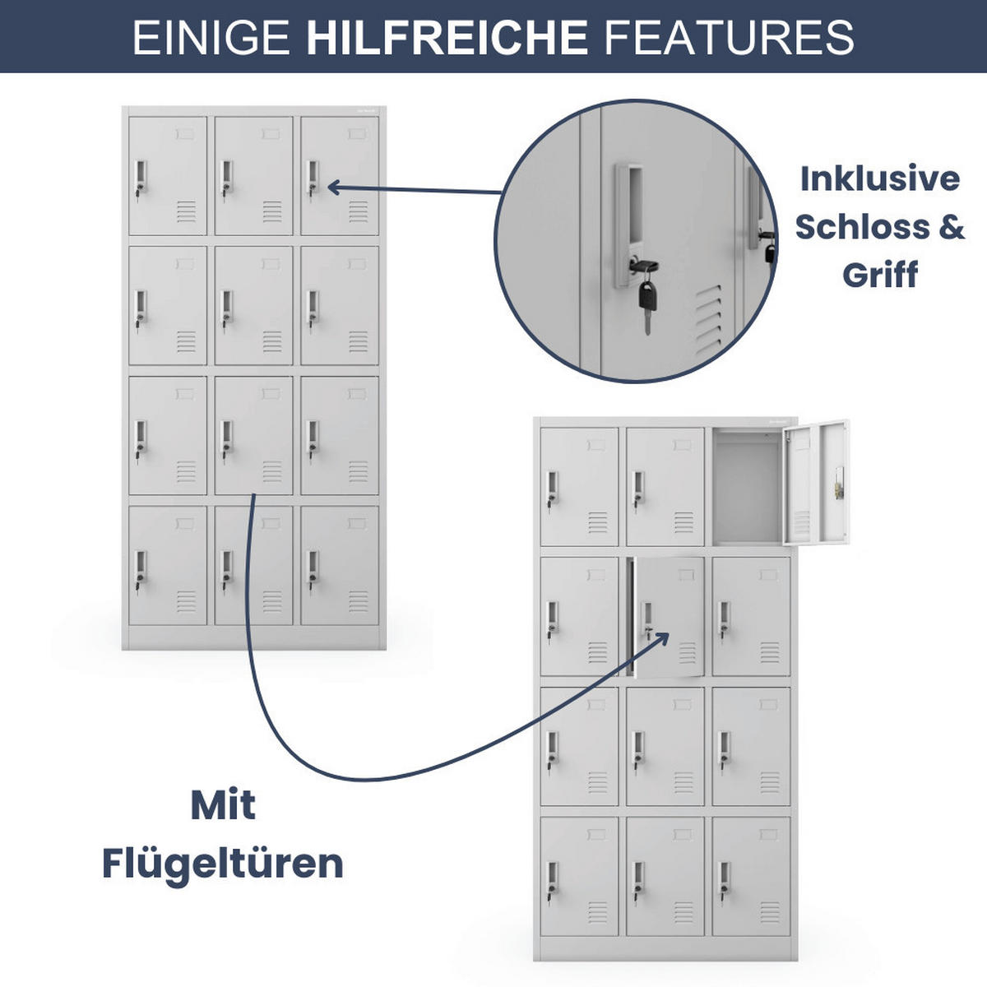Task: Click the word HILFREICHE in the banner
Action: pyautogui.click(x=447, y=38)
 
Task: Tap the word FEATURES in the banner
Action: pyautogui.click(x=729, y=38)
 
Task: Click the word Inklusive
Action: pyautogui.click(x=879, y=178)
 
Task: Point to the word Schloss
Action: pyautogui.click(x=860, y=226)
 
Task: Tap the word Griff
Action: pyautogui.click(x=879, y=274)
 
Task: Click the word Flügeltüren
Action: pyautogui.click(x=222, y=864)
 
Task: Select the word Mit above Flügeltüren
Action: pyautogui.click(x=223, y=804)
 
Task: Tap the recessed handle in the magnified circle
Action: pyautogui.click(x=629, y=222)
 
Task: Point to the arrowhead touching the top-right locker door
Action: pyautogui.click(x=333, y=188)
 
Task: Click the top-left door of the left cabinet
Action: pyautogui.click(x=168, y=175)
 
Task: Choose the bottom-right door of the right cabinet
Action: pyautogui.click(x=751, y=876)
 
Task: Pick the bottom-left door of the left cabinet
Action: pyautogui.click(x=168, y=565)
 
